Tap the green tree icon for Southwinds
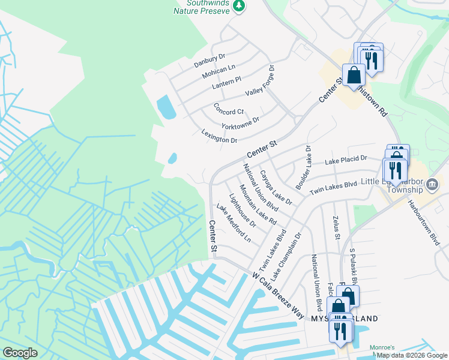240,5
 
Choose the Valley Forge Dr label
260,85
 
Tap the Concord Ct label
229,109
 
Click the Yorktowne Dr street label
240,124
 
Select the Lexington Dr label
220,136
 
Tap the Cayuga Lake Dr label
276,188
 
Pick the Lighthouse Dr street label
243,211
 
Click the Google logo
20,353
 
